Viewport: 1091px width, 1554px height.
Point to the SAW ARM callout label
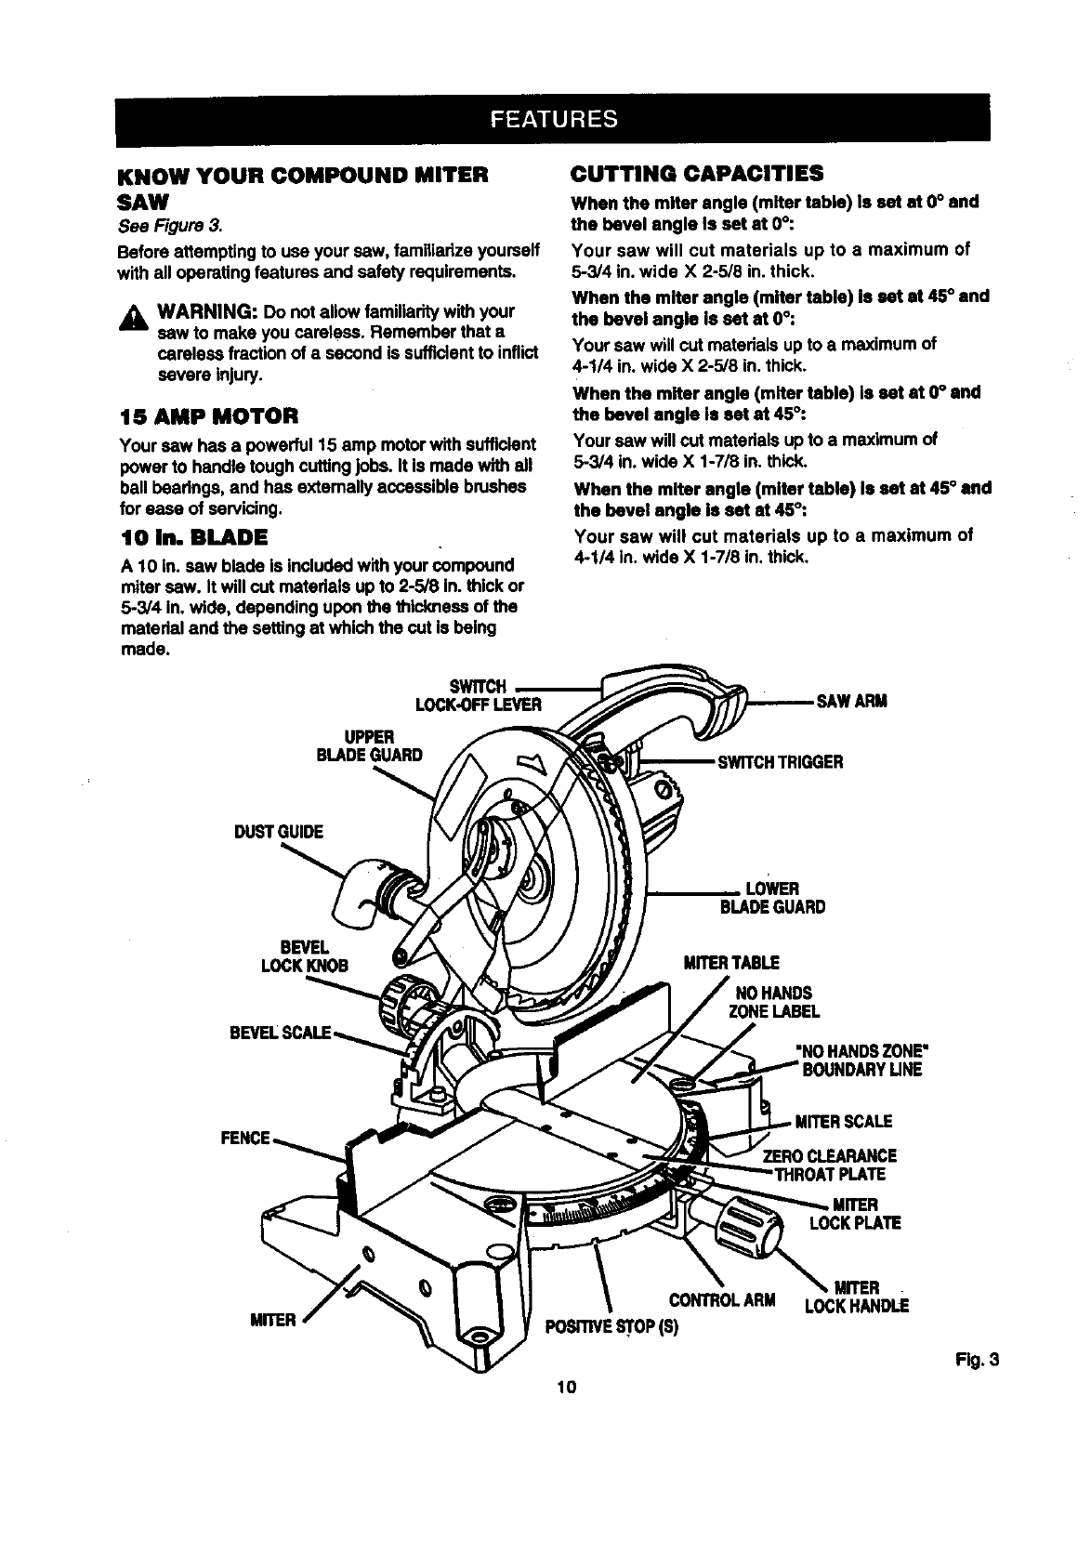click(851, 701)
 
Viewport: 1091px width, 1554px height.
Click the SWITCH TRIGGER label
click(779, 763)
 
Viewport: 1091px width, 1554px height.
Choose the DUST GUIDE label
click(279, 832)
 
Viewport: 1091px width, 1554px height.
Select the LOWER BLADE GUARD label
click(772, 898)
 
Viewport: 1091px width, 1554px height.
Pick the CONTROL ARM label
click(722, 1298)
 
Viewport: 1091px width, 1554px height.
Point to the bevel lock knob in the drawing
click(401, 1005)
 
